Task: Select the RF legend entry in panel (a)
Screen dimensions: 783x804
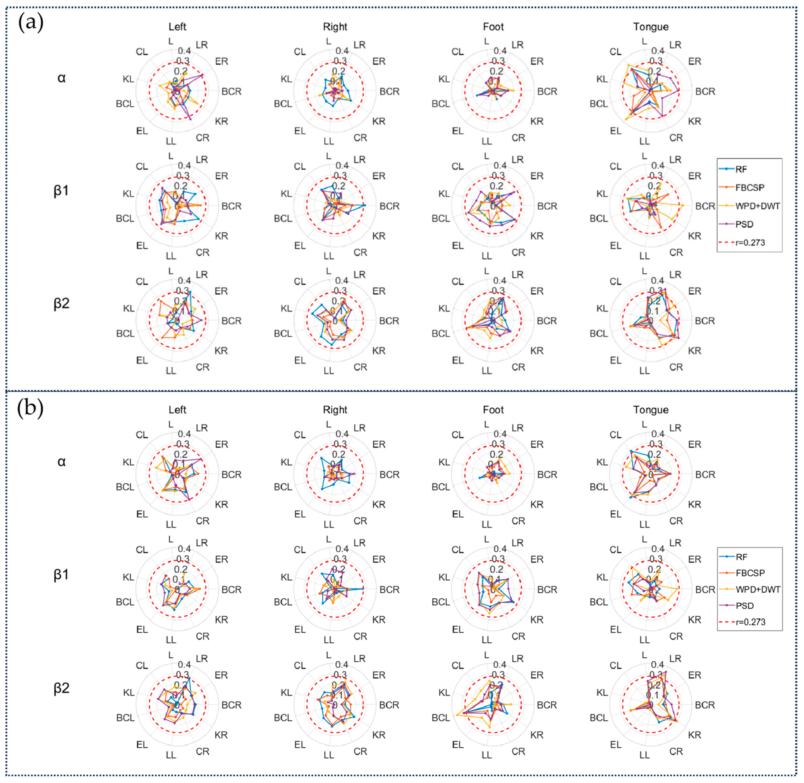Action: [x=741, y=169]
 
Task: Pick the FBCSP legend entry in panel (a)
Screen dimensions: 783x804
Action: [x=749, y=187]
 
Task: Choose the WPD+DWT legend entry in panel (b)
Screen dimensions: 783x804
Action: [x=757, y=589]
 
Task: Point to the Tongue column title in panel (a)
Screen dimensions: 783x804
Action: [x=651, y=27]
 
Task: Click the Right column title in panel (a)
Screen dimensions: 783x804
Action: [x=335, y=27]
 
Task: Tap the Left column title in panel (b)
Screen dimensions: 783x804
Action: [x=177, y=410]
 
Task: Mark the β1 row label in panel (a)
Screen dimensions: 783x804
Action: [x=61, y=191]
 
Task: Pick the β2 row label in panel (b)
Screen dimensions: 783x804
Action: [x=61, y=688]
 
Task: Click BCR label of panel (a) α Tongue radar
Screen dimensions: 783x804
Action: [x=705, y=91]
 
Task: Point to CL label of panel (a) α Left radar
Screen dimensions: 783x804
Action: [x=142, y=52]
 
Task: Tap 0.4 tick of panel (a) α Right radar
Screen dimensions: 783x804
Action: [x=342, y=51]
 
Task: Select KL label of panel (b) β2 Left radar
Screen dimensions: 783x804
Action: [x=129, y=693]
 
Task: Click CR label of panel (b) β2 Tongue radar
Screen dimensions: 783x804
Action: [x=676, y=751]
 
